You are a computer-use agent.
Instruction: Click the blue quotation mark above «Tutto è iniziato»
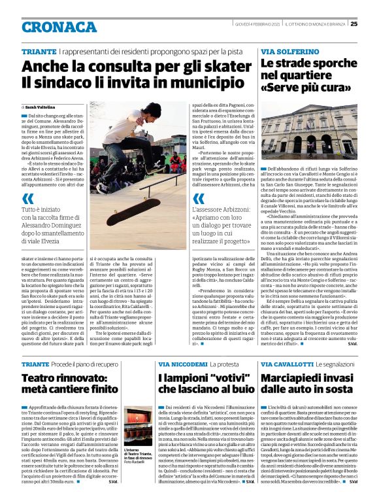point(27,198)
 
